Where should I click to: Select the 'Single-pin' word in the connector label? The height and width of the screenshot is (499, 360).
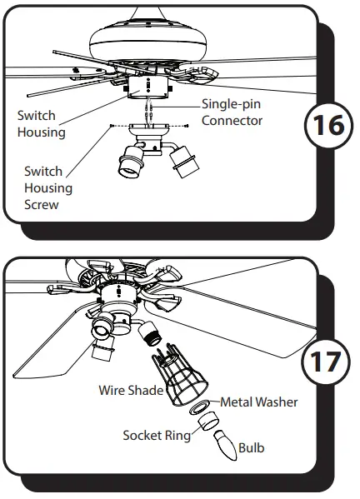231,105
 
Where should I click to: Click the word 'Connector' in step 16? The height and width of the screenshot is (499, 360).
232,121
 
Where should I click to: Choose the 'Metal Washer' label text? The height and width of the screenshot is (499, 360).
258,402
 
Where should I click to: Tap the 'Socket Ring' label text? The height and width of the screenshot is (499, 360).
156,435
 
